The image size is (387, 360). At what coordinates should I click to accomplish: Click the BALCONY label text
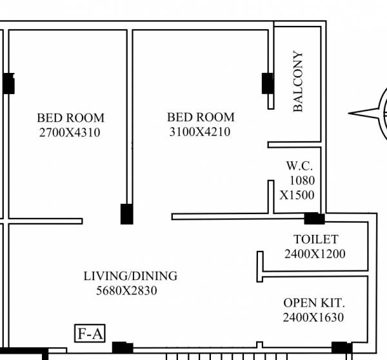[298, 82]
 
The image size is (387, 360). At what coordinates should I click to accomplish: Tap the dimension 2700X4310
[70, 132]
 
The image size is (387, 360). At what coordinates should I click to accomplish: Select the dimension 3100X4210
[200, 132]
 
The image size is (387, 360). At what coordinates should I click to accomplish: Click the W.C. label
[299, 166]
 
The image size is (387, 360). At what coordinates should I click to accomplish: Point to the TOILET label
[315, 239]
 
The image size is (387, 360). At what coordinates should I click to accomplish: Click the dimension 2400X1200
[315, 254]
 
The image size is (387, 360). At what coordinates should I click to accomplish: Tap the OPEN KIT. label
[314, 303]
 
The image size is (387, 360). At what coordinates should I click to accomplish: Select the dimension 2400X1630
[313, 317]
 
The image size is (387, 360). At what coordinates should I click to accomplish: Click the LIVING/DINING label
[130, 276]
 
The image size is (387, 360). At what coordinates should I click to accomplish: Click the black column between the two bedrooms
[127, 214]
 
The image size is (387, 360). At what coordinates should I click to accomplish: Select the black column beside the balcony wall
[267, 83]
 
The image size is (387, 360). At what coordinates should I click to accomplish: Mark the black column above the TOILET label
[314, 218]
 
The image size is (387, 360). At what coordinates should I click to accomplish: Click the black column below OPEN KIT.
[339, 347]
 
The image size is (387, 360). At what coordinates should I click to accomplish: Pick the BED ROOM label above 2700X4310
[70, 118]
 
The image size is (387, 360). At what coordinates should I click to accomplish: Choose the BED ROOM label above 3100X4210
[201, 117]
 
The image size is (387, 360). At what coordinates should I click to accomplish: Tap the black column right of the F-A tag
[123, 347]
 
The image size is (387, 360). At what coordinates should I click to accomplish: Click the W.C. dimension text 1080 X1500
[297, 187]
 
